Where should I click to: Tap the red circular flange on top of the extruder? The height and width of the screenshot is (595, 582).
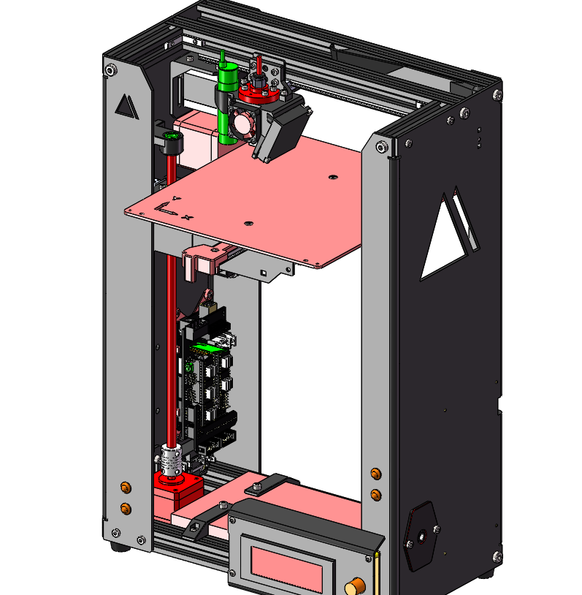[258, 92]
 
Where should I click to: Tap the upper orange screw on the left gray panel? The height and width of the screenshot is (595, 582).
[126, 488]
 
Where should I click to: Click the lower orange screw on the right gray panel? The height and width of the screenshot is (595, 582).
[376, 496]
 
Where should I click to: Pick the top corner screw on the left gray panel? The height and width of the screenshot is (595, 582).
[110, 70]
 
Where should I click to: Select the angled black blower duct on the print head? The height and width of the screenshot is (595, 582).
[280, 130]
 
